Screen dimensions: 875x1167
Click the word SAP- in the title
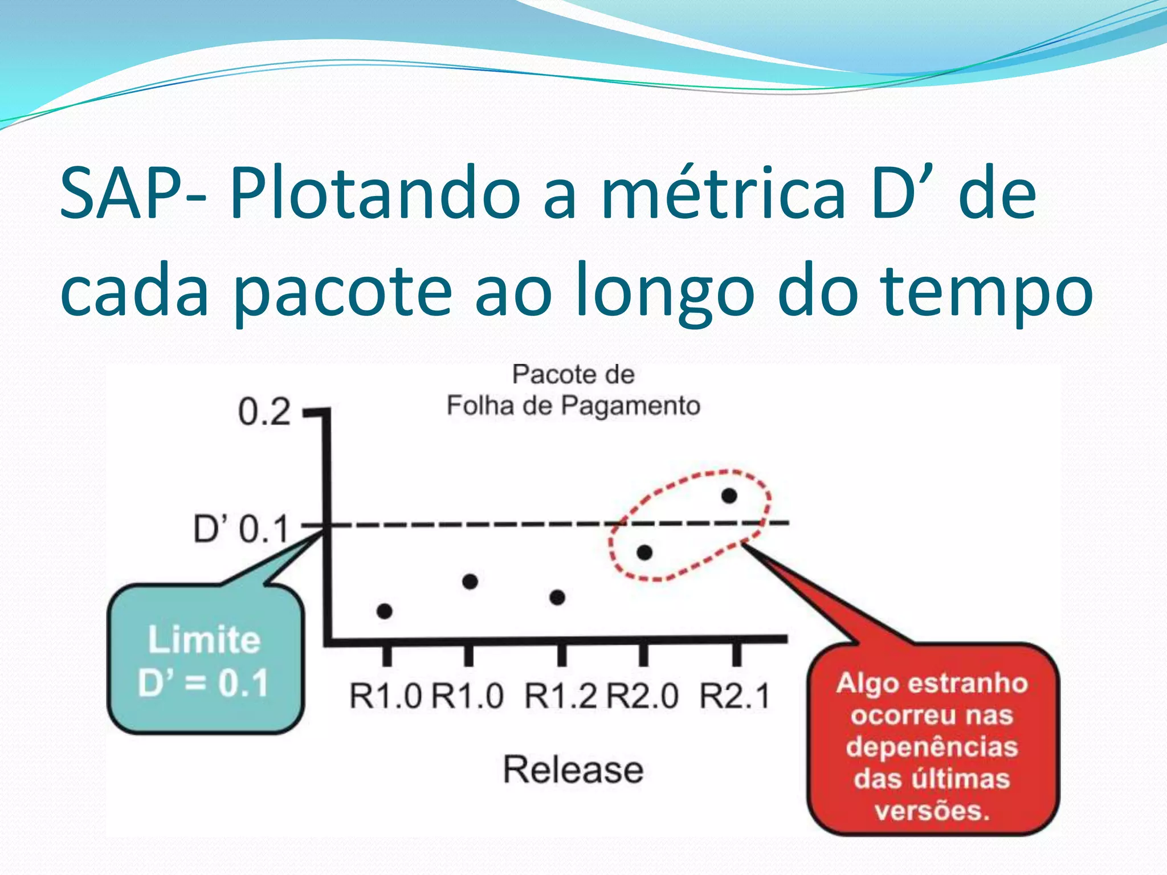click(x=133, y=194)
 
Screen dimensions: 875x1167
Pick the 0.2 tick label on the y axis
click(x=264, y=412)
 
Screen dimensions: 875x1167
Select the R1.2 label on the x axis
click(x=561, y=696)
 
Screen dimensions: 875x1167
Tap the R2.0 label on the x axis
click(x=643, y=696)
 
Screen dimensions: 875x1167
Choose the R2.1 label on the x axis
click(x=735, y=696)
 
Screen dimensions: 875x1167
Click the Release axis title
click(x=573, y=770)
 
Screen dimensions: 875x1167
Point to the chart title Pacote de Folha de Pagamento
click(x=573, y=390)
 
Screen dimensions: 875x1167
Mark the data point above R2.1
click(x=729, y=496)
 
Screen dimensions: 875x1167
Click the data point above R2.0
click(x=644, y=553)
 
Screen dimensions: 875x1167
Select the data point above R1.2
click(x=557, y=598)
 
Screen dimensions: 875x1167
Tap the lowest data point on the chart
click(x=385, y=611)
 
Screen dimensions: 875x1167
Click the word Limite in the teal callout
click(x=204, y=640)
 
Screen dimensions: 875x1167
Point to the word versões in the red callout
click(x=932, y=811)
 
